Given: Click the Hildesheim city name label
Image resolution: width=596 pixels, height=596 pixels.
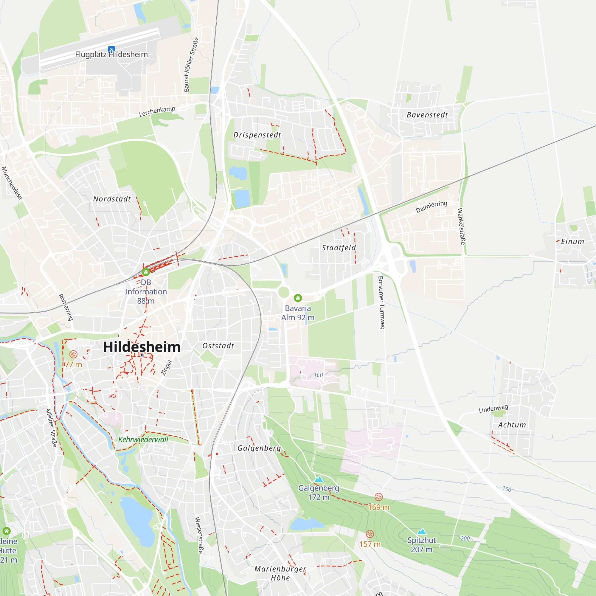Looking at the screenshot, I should tap(142, 347).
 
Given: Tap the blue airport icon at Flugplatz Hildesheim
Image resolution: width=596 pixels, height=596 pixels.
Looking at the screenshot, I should tap(111, 49).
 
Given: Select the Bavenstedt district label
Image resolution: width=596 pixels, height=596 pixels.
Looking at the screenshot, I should tap(427, 115).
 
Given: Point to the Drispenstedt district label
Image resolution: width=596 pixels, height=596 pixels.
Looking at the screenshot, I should tap(257, 135).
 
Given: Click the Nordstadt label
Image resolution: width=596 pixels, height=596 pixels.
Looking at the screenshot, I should tap(112, 199).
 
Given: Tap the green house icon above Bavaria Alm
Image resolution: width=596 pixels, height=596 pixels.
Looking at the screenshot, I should tap(298, 298).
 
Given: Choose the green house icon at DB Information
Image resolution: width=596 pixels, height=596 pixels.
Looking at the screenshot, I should tap(146, 272).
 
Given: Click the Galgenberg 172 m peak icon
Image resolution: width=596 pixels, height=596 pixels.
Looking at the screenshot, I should tap(319, 479).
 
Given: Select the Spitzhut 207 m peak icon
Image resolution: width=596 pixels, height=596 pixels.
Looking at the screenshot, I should tap(421, 531).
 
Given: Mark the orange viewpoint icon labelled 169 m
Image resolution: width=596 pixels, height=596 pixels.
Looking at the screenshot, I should tap(378, 497).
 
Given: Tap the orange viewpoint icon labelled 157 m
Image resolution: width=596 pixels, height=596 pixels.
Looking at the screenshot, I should tap(370, 534).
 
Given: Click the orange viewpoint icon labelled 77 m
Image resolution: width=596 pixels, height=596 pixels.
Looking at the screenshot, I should tap(73, 354).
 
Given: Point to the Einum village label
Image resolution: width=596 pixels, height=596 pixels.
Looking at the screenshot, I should tap(572, 242).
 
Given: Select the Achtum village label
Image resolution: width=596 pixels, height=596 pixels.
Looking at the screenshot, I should tap(512, 425).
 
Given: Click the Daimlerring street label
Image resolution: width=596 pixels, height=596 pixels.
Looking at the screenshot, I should tap(431, 207).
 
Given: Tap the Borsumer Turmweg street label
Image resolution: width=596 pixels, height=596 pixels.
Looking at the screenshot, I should tap(382, 303).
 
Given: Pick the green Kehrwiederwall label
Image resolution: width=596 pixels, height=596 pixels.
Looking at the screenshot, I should tap(143, 440).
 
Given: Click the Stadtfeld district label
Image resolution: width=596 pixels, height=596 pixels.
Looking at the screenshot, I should tap(339, 248).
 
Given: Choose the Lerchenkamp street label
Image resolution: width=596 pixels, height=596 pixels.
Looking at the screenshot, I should tap(157, 111).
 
